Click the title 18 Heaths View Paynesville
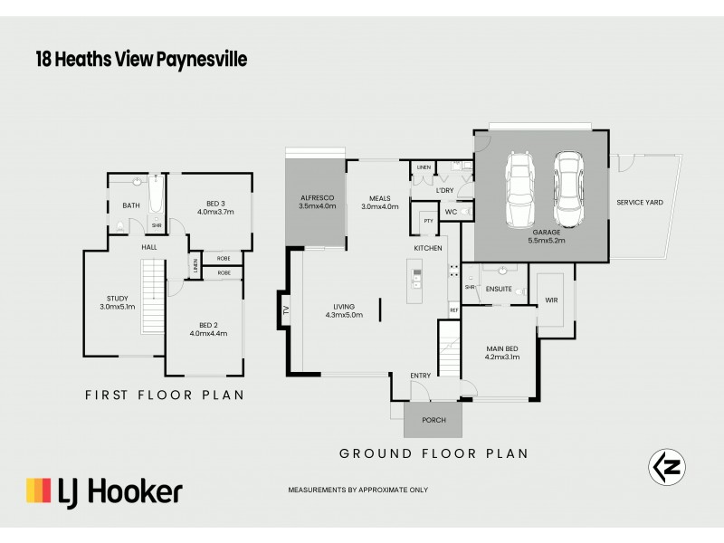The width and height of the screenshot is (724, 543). (140, 60)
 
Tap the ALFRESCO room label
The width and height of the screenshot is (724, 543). (317, 201)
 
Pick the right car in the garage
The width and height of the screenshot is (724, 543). (567, 189)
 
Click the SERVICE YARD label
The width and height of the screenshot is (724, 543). (640, 203)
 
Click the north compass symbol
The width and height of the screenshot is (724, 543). (667, 467)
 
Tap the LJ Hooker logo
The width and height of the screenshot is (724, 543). (104, 491)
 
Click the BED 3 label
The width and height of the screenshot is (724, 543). (214, 207)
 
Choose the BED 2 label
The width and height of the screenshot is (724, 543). (208, 328)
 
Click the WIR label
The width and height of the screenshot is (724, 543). (552, 300)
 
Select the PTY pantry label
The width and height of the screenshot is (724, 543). (427, 221)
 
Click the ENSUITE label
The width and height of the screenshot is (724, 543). (500, 290)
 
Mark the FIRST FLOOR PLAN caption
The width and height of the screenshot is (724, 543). (165, 395)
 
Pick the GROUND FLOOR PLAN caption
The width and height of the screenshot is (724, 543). (433, 453)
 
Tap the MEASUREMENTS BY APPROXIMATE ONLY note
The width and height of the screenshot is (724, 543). (357, 490)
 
